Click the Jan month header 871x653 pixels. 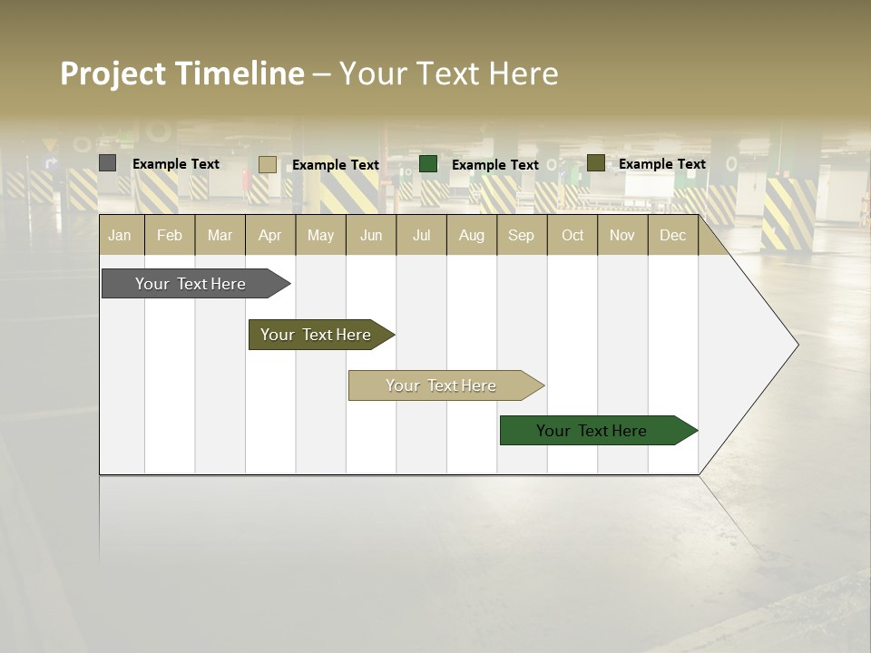click(x=120, y=235)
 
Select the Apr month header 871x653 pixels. click(x=269, y=235)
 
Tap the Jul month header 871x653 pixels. click(x=421, y=235)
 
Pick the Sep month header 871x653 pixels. click(x=521, y=235)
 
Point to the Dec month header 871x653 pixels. click(x=672, y=235)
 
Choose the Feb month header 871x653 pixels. click(x=170, y=235)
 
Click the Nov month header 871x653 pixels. click(x=621, y=235)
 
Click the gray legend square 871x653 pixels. click(x=108, y=163)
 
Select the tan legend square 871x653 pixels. click(x=268, y=164)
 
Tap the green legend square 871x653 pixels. click(x=428, y=163)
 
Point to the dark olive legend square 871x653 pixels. click(x=596, y=163)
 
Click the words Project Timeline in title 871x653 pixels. click(x=182, y=73)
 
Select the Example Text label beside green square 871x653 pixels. click(x=494, y=164)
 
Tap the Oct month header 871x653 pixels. click(x=572, y=235)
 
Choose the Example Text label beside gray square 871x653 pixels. click(x=175, y=163)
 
